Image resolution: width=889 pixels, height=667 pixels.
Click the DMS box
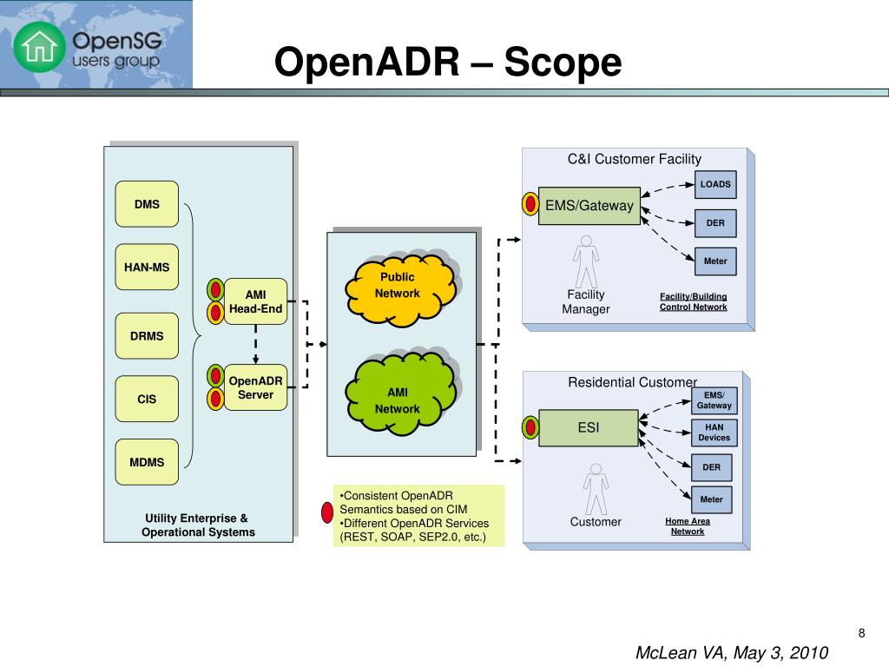(x=147, y=204)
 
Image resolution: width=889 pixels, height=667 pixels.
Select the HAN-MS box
(x=147, y=267)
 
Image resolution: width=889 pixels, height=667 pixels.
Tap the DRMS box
(x=147, y=336)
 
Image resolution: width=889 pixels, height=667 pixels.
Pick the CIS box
(x=147, y=399)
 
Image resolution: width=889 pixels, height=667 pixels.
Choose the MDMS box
(x=147, y=462)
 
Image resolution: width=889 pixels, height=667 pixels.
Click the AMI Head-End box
(x=256, y=301)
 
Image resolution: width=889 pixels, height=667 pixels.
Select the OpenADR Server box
(x=256, y=387)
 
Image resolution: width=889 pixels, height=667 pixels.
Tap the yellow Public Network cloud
(x=400, y=290)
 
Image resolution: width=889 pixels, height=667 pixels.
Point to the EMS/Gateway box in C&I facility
(x=589, y=206)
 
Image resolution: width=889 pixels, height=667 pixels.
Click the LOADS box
(x=715, y=184)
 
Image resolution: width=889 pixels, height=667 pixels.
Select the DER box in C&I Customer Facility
(x=715, y=223)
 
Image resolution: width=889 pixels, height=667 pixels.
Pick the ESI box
(x=589, y=427)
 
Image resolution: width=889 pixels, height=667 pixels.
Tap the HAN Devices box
(x=714, y=433)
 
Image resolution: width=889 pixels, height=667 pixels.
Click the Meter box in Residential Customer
(x=712, y=499)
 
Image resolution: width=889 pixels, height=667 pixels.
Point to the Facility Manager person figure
(x=586, y=261)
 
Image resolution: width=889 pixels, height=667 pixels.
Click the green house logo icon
(x=40, y=47)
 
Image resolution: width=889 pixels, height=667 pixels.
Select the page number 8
(x=862, y=633)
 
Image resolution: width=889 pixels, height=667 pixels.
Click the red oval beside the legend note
(x=327, y=512)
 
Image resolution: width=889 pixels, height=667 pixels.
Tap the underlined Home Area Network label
(x=688, y=526)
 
